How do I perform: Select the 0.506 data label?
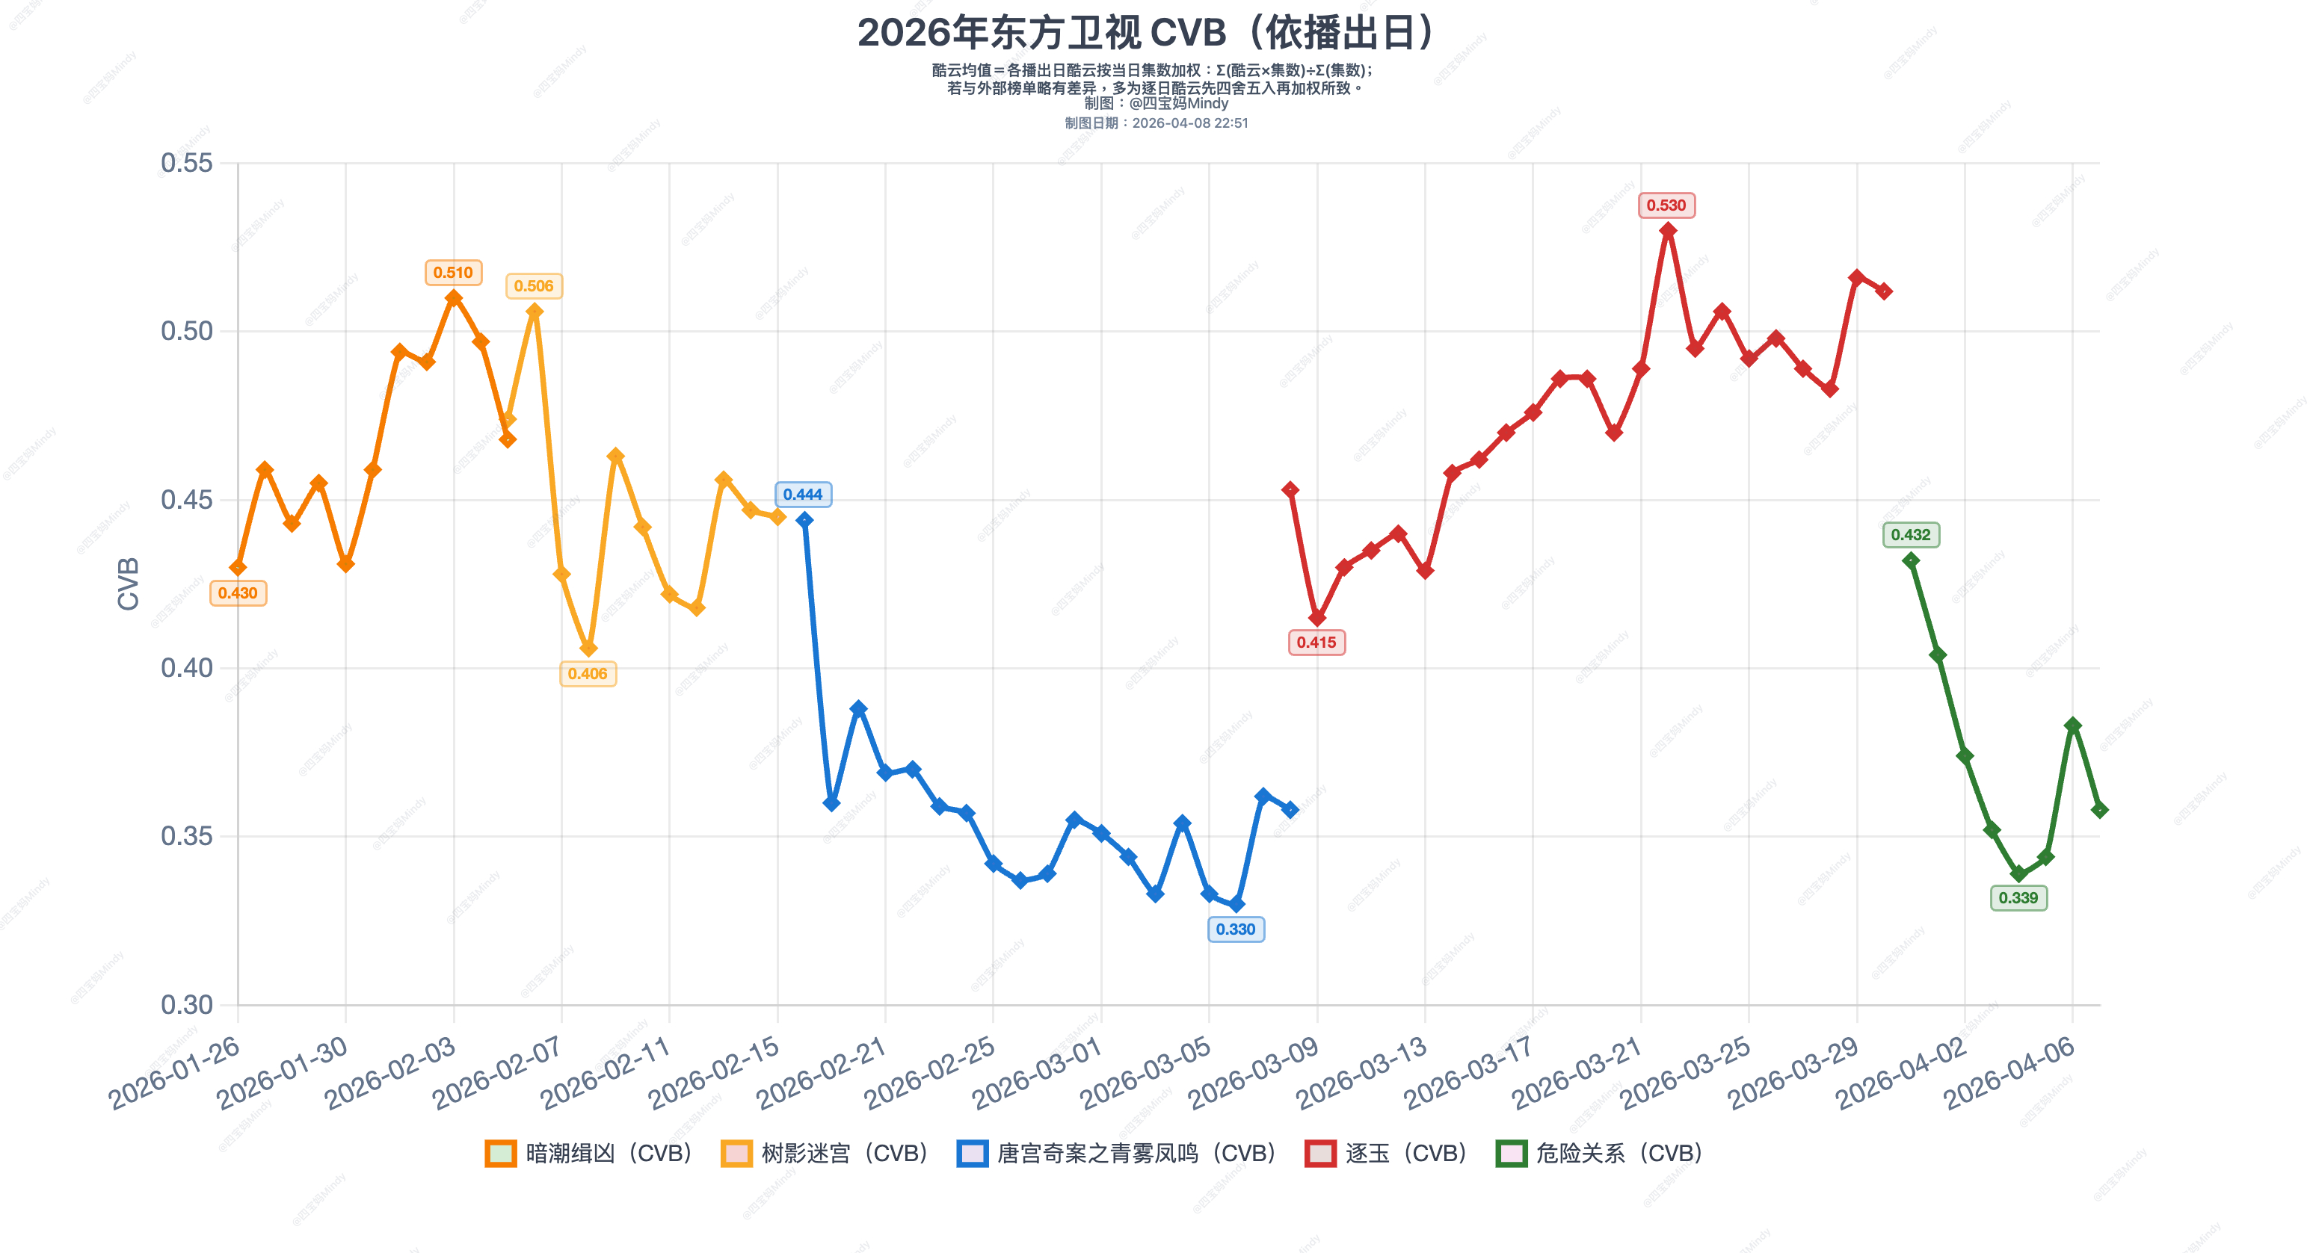click(533, 286)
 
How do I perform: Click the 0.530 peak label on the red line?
click(1666, 205)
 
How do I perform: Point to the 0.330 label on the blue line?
click(1236, 929)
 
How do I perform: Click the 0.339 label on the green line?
click(2018, 897)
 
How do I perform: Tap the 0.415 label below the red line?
click(1316, 643)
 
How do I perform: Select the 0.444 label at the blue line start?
click(803, 495)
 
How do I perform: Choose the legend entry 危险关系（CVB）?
click(1599, 1154)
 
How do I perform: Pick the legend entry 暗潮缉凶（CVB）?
click(589, 1154)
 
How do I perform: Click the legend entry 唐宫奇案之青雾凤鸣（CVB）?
click(1117, 1154)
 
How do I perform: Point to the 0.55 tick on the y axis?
click(187, 164)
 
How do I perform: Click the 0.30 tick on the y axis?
click(187, 1004)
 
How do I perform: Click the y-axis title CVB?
click(129, 584)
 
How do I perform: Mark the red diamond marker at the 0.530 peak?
click(1667, 231)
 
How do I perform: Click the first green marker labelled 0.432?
click(1911, 561)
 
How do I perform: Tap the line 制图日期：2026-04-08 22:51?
click(1156, 123)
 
